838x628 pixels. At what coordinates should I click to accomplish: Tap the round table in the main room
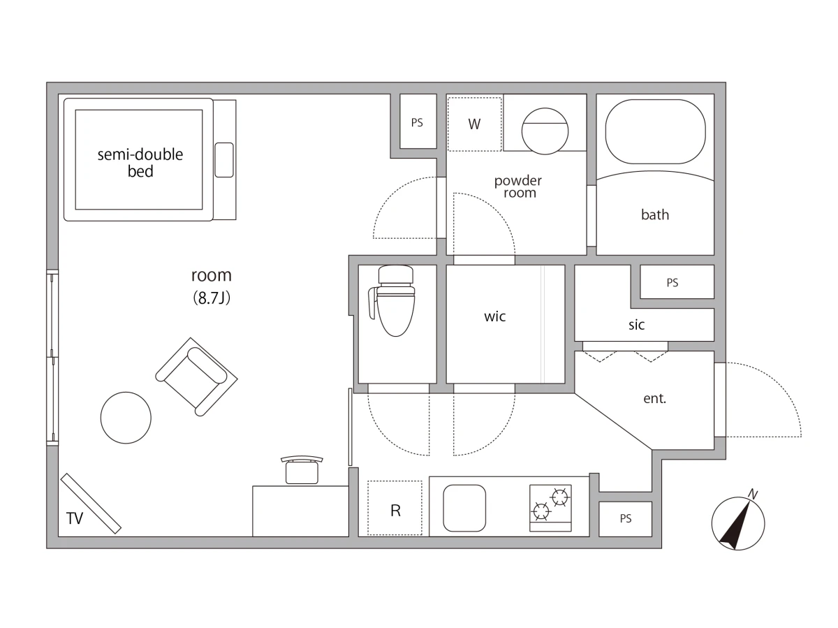pos(126,418)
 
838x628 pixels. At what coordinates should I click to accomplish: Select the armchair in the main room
pos(196,377)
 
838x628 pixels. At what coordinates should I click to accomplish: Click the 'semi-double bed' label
pos(140,163)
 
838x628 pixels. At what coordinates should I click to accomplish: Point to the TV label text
pos(75,518)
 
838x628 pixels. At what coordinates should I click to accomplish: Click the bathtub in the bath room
pos(655,132)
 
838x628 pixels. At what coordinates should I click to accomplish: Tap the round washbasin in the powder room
pos(545,131)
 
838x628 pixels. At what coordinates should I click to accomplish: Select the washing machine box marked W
pos(474,124)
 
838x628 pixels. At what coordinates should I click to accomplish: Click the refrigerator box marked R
pos(395,508)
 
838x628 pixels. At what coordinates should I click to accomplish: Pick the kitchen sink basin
pos(464,508)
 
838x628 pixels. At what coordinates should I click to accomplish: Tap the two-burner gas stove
pos(550,508)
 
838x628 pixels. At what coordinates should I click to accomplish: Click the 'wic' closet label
pos(495,316)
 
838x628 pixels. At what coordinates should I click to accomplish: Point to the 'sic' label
pos(636,325)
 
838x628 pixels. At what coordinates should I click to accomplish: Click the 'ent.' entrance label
pos(654,399)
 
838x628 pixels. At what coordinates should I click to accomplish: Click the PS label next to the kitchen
pos(625,518)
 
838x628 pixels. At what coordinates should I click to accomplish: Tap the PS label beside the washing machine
pos(417,122)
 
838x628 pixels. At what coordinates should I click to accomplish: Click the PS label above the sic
pos(672,282)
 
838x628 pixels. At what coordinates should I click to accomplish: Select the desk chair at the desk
pos(302,469)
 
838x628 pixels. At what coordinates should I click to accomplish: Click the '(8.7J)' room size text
pos(212,298)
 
